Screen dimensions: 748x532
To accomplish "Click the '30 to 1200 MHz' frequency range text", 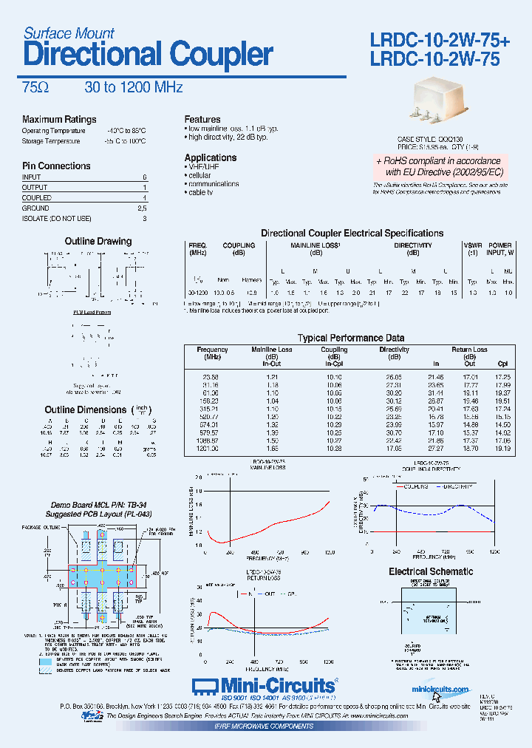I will click(133, 87).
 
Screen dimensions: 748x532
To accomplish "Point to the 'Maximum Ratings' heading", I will click(59, 120).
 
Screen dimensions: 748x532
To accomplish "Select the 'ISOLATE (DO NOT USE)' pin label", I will click(57, 219).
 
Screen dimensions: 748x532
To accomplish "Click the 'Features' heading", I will click(202, 119).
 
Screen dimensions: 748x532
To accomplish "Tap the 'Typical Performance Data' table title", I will click(351, 338).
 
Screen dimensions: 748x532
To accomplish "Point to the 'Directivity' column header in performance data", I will click(394, 350).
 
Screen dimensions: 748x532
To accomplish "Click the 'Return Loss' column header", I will click(469, 350).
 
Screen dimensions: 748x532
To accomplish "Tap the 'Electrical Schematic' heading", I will click(431, 571).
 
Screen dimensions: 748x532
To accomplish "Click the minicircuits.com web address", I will click(440, 690).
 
